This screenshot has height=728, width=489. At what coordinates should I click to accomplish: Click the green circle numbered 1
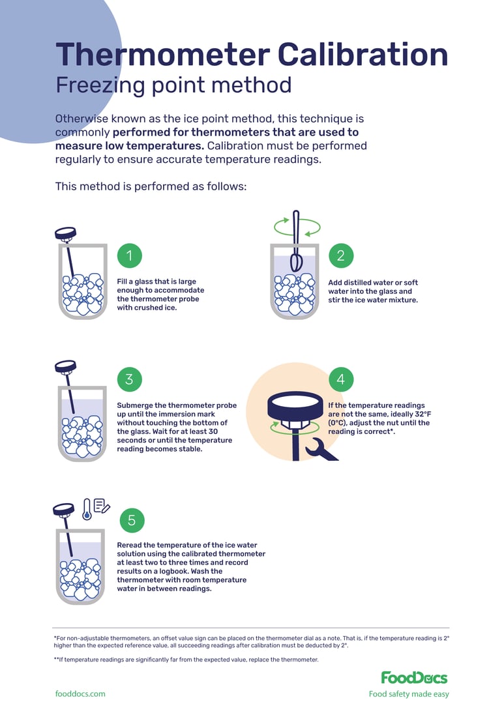[x=129, y=255]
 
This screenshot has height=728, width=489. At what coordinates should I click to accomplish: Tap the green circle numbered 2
[x=340, y=255]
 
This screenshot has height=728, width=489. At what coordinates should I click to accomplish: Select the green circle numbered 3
[x=129, y=379]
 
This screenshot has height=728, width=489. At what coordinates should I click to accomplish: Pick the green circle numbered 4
[x=340, y=379]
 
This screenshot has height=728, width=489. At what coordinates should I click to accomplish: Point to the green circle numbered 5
[x=132, y=519]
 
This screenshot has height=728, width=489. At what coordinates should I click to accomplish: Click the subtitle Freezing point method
[x=173, y=85]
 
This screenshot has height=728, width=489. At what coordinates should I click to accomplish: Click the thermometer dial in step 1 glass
[x=65, y=233]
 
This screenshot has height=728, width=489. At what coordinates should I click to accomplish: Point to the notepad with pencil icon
[x=102, y=505]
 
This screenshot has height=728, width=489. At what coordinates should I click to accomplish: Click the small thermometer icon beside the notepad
[x=87, y=509]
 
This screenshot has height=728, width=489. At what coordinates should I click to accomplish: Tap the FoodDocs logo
[x=414, y=677]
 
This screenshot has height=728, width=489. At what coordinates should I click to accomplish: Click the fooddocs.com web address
[x=80, y=694]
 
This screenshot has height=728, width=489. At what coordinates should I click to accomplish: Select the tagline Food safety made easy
[x=409, y=694]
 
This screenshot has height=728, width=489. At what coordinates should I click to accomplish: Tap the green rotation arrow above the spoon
[x=297, y=227]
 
